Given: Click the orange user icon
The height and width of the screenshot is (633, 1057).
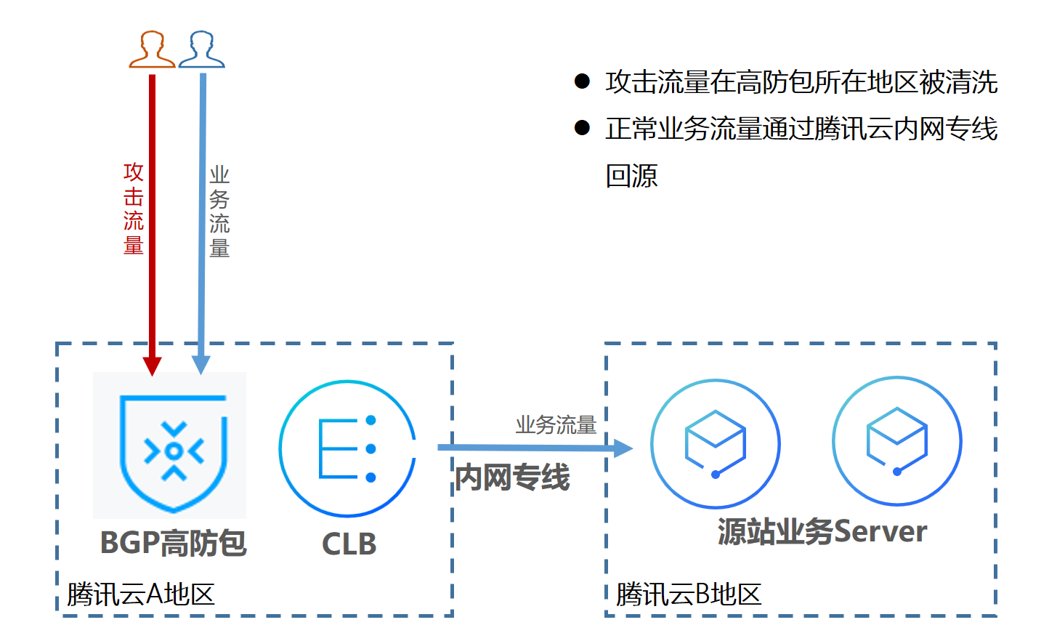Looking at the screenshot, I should point(152,49).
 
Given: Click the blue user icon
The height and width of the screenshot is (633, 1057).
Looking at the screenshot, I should point(201,49).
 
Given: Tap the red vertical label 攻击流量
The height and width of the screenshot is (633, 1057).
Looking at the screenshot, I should point(134,209).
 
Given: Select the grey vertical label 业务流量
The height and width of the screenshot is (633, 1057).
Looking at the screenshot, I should point(219,211).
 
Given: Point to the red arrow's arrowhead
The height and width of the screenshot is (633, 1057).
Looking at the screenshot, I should point(152,365).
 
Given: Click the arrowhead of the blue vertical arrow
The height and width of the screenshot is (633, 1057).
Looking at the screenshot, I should point(201,364).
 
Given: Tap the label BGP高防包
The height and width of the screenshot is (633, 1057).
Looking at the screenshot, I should point(174,543).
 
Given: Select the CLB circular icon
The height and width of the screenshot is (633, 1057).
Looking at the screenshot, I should point(347,448).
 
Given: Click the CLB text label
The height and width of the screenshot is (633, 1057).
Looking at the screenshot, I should point(349,544).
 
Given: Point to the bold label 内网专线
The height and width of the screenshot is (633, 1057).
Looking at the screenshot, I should point(512,477).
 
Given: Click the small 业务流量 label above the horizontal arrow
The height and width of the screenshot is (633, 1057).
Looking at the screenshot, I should point(556,424).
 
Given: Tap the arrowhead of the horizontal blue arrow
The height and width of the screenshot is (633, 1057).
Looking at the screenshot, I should point(623,448).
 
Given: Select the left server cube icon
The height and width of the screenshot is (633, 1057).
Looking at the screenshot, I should point(715,443).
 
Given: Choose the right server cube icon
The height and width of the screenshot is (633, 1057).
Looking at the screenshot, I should point(896,441).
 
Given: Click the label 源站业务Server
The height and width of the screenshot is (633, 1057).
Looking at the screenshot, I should point(822,532).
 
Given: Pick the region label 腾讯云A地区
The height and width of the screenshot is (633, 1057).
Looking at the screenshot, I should point(141,594).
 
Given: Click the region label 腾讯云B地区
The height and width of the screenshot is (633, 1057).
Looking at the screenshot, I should point(689,594).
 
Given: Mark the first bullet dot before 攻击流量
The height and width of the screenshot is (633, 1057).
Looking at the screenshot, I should point(582,81).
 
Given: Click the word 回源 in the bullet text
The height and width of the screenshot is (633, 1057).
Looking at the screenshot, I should point(631,176).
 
